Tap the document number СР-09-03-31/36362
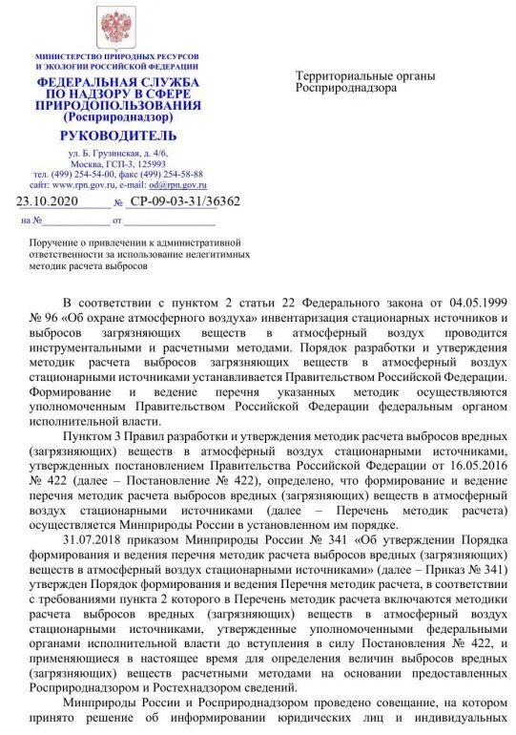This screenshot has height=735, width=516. point(185,202)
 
